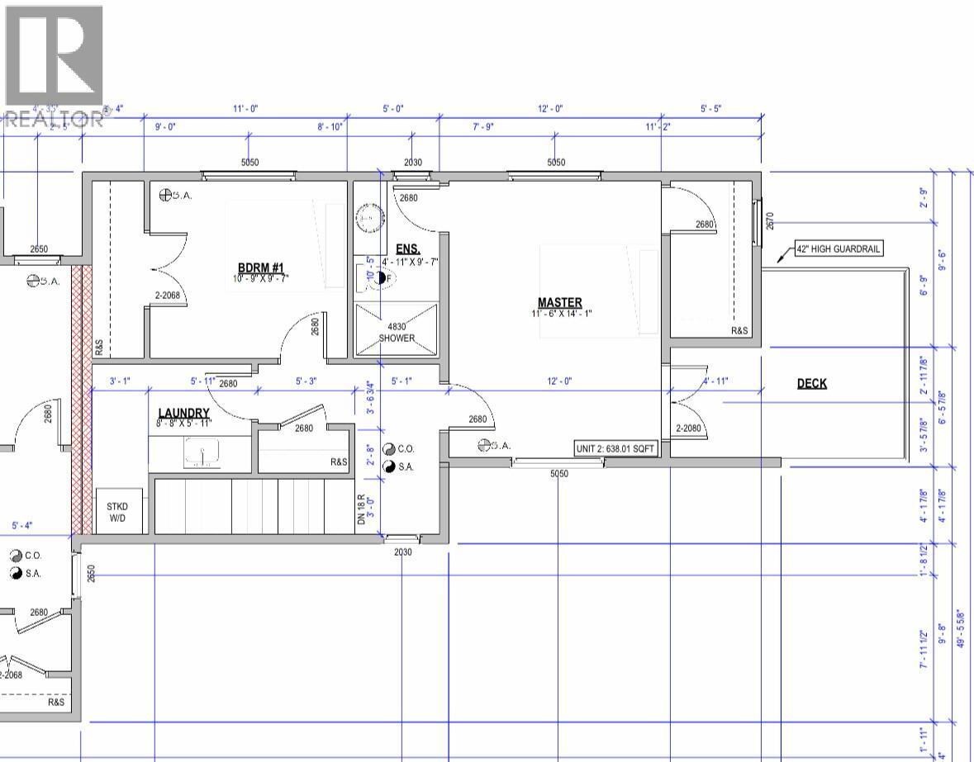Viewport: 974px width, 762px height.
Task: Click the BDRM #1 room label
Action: (262, 268)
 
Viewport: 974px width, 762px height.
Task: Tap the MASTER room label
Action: (559, 303)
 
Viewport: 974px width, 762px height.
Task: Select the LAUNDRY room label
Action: (183, 413)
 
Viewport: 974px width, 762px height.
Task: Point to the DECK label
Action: (811, 383)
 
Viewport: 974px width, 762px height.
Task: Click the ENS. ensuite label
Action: (407, 249)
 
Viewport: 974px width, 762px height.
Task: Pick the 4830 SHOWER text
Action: (397, 333)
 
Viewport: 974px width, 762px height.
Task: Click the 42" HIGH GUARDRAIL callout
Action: (839, 248)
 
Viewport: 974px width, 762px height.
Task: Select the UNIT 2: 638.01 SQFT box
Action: (616, 449)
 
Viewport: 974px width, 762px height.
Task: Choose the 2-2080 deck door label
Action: (691, 428)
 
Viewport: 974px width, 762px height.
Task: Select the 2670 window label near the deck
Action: (769, 220)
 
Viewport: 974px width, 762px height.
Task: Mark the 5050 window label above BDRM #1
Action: (249, 163)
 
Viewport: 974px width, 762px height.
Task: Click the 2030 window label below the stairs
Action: (402, 551)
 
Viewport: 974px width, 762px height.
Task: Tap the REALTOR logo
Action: (53, 66)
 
